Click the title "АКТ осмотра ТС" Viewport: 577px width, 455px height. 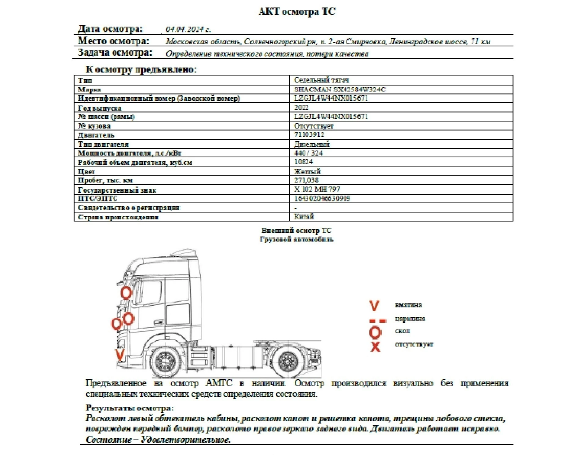(297, 12)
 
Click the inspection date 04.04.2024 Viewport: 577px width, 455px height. (188, 30)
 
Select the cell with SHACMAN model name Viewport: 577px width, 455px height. (340, 90)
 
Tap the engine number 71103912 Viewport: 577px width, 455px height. (309, 134)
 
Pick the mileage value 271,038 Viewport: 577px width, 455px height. (306, 180)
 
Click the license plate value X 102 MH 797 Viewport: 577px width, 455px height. (317, 189)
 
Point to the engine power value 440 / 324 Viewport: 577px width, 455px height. (308, 153)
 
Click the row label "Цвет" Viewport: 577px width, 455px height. (86, 171)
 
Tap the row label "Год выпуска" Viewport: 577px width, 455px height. (100, 108)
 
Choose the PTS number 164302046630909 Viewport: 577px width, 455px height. (322, 199)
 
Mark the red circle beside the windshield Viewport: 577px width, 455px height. (126, 293)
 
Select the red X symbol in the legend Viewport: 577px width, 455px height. (375, 347)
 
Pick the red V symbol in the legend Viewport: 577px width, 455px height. (374, 305)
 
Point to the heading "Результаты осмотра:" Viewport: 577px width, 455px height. (129, 408)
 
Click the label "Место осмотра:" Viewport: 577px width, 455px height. (114, 41)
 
